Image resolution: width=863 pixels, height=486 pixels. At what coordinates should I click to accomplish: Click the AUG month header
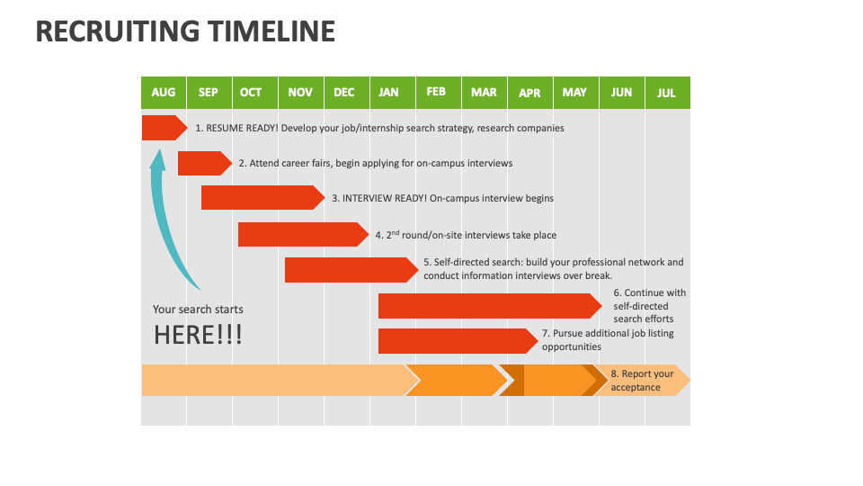pos(164,93)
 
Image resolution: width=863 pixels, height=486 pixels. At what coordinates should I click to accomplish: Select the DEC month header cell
pos(344,93)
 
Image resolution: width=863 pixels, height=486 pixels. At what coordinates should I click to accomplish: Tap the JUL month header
pos(666,93)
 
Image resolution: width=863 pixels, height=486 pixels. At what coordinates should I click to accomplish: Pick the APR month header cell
pos(529,93)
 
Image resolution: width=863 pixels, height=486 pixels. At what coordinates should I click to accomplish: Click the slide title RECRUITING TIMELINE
pos(185,32)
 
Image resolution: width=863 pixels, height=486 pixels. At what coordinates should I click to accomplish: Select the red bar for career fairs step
pos(203,163)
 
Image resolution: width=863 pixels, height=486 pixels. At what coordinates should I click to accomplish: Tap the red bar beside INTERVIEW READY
pos(261,198)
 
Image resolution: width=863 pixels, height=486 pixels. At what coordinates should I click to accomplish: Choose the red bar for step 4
pos(305,234)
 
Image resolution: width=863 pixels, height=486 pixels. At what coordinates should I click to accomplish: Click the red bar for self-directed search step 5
pos(351,270)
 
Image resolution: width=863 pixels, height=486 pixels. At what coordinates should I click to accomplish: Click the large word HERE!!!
pos(198,336)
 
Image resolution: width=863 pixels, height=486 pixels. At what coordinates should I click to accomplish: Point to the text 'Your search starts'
pos(198,310)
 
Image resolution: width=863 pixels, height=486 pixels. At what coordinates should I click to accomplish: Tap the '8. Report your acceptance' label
pos(642,381)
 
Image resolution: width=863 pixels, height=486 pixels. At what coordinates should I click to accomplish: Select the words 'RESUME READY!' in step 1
pos(242,129)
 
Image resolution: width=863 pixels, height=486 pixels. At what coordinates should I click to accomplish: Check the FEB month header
pos(436,93)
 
